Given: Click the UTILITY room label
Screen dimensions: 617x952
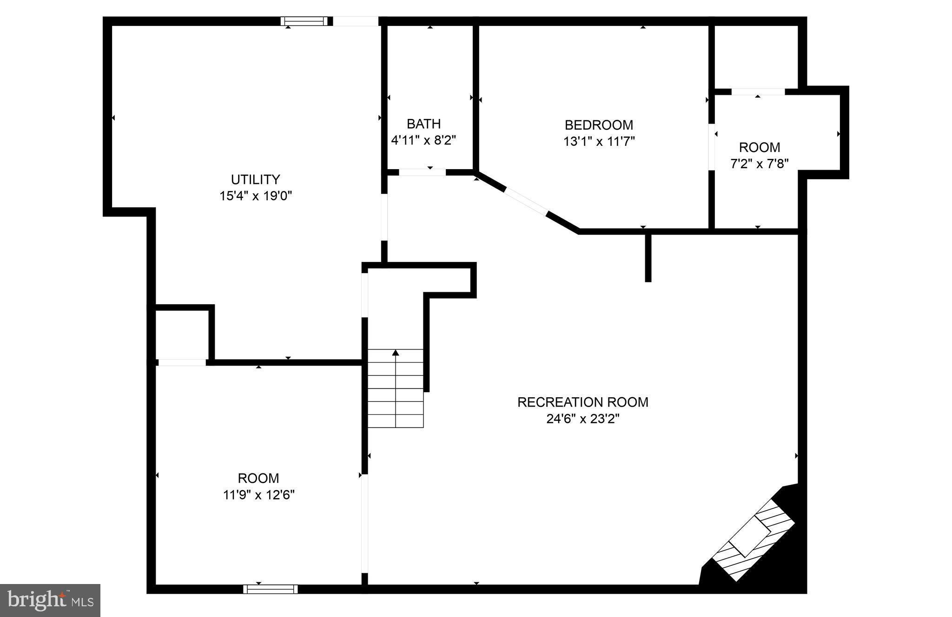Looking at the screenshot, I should pos(255,179).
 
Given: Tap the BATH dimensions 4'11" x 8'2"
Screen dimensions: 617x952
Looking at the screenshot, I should pos(423,140).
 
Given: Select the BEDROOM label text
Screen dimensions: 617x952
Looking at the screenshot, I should pos(599,125).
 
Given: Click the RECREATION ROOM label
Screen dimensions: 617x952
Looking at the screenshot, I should pos(582,402).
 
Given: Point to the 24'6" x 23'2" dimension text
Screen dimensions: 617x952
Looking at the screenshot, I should pos(582,419).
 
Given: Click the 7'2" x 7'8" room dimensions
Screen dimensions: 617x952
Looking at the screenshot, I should pos(759,164).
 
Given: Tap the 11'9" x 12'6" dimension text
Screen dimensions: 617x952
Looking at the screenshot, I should pos(258,495).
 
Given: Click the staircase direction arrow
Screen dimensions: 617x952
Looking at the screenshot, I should pos(396,353).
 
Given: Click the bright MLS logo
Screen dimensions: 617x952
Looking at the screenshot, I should pos(50,600).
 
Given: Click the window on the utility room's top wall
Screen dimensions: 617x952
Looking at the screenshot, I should pos(304,21).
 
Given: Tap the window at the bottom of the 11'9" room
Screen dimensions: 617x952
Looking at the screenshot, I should pos(271,589).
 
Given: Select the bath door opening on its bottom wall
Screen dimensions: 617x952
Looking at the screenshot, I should pos(422,172).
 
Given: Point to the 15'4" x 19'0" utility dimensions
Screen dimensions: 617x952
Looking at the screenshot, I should pos(255,196).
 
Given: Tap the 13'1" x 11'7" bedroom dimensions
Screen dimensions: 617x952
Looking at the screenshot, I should pos(599,142).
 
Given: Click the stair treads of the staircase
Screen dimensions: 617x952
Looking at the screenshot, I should pos(396,395).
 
